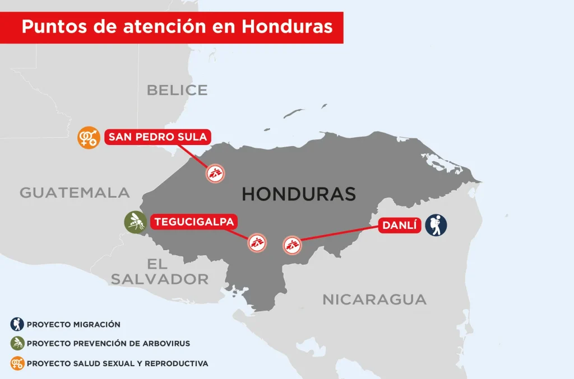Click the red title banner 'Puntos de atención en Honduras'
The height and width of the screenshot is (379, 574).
(x=177, y=26)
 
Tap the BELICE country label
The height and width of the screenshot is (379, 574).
(x=177, y=90)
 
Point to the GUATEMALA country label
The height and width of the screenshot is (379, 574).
(x=75, y=193)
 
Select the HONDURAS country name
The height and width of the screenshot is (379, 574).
(x=299, y=194)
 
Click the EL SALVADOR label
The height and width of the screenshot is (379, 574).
(x=159, y=272)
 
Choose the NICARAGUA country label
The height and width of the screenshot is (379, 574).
(x=374, y=299)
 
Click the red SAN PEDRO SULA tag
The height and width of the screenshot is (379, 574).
(x=158, y=137)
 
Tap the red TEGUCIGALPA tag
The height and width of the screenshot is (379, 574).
(x=194, y=222)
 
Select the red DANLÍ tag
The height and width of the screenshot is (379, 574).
(x=401, y=226)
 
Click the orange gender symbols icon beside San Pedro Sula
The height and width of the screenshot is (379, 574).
(x=89, y=137)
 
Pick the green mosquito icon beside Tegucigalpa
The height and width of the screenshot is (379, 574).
(x=135, y=222)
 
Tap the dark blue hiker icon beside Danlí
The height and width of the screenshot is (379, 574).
(x=436, y=225)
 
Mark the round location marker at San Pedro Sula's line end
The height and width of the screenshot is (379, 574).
(x=215, y=174)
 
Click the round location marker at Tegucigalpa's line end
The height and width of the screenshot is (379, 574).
(x=257, y=243)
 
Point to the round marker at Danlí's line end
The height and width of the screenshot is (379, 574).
(x=292, y=244)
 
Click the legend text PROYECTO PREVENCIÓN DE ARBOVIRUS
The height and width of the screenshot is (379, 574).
(x=108, y=344)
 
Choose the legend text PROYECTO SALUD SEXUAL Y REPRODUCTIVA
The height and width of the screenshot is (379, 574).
(x=117, y=363)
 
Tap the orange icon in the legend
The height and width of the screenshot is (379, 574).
(x=17, y=363)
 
